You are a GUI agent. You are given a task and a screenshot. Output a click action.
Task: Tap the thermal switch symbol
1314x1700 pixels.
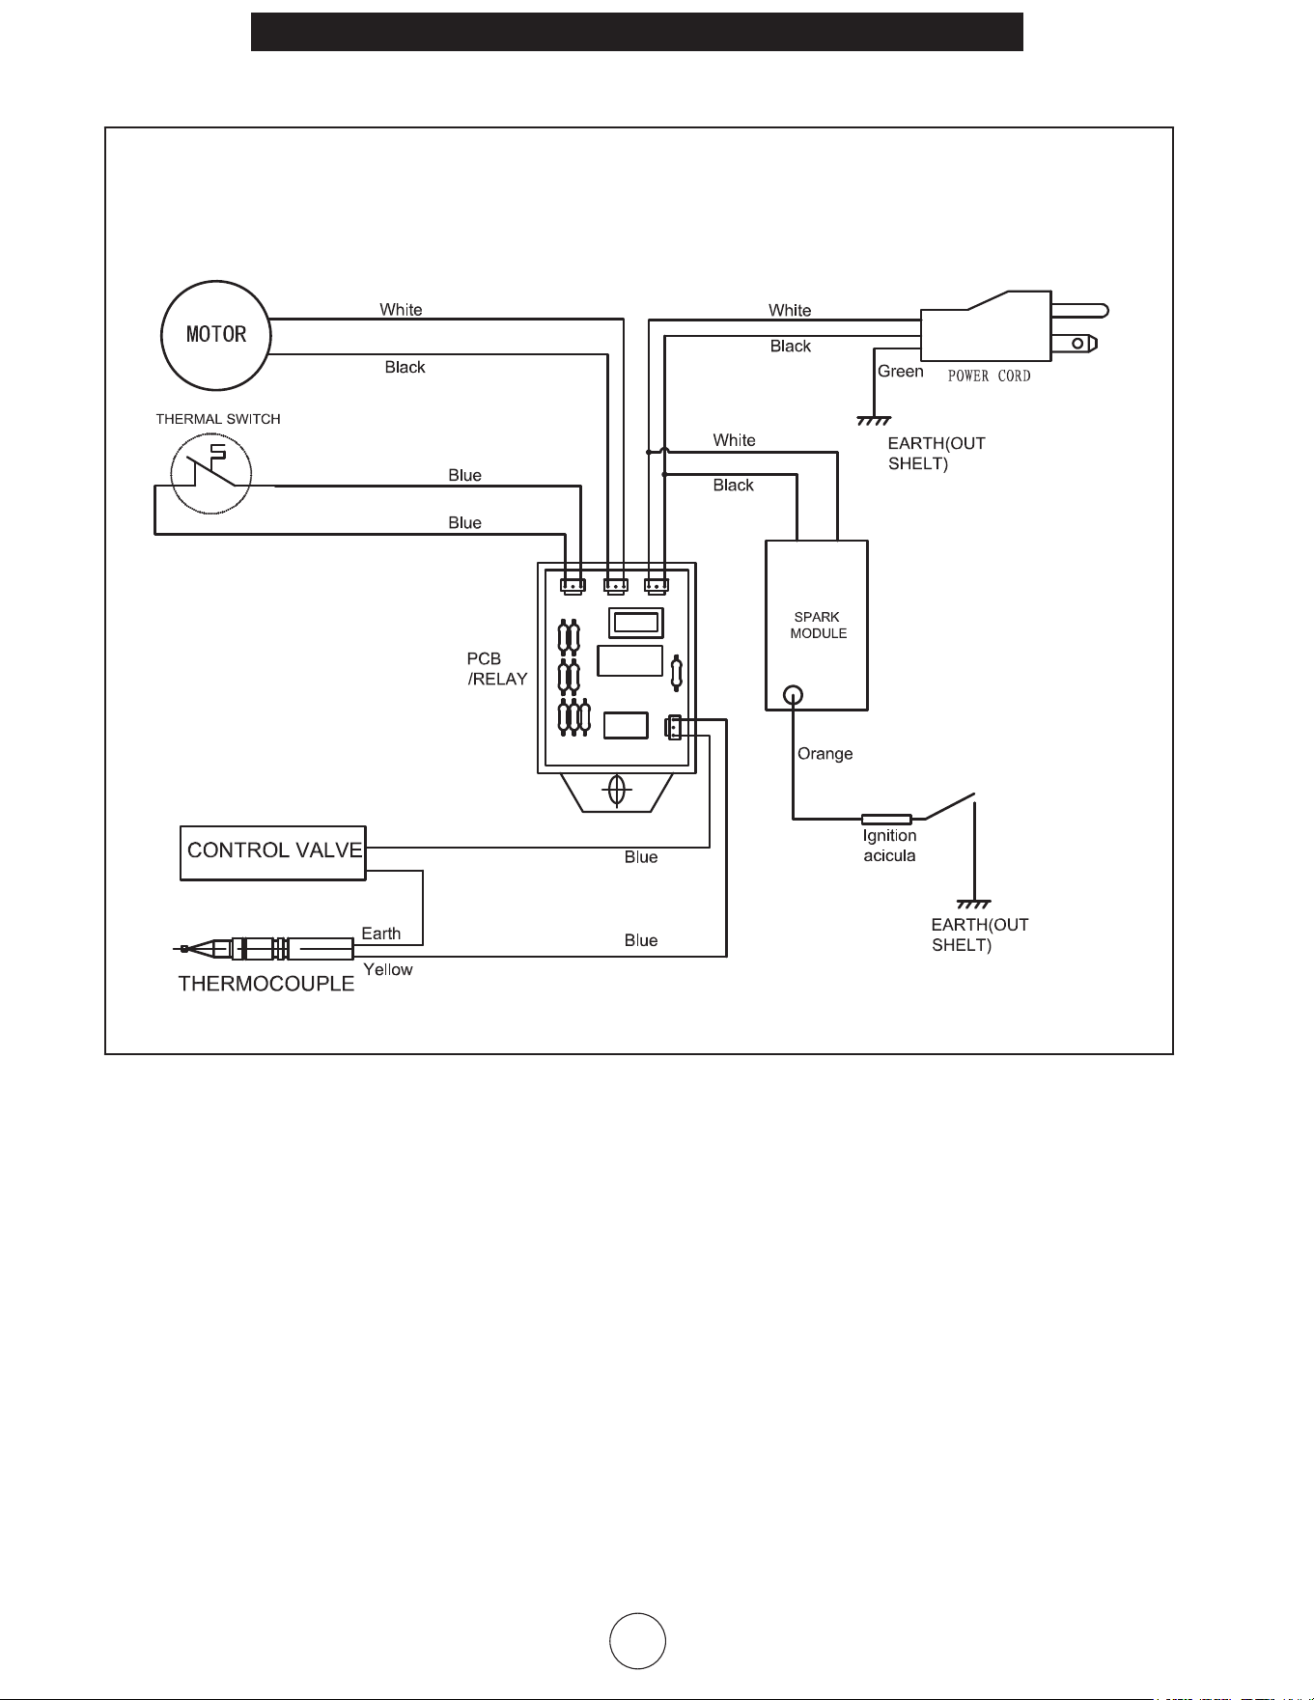[211, 474]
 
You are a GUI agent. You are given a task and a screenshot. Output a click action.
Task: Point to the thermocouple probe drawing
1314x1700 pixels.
[265, 949]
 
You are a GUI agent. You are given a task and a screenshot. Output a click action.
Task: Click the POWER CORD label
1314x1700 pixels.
[989, 376]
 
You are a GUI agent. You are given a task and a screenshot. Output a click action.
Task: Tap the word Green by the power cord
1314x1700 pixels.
[900, 372]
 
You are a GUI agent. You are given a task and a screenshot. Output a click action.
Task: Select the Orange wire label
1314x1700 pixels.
[825, 754]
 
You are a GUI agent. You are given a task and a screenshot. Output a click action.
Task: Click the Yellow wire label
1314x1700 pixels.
[387, 970]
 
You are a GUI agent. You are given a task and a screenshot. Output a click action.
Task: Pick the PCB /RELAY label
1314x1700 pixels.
[497, 669]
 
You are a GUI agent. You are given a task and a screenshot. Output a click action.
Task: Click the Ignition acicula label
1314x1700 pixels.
[889, 846]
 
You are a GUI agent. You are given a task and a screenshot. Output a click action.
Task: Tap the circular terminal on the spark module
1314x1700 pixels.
[793, 694]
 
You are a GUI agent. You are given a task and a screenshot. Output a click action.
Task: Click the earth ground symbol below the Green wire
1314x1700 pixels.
[874, 421]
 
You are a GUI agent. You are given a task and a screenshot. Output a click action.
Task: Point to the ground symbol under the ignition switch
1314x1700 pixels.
[974, 905]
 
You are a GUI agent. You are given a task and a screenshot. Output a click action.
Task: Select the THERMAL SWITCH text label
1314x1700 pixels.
[218, 419]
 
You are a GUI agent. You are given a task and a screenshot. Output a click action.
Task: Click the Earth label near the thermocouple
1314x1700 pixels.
[380, 934]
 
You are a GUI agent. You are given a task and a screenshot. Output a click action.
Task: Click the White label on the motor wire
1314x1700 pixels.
[401, 310]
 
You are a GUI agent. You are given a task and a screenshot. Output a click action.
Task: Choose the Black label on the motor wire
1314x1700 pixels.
[405, 368]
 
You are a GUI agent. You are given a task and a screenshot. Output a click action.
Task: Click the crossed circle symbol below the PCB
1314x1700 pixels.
[616, 791]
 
